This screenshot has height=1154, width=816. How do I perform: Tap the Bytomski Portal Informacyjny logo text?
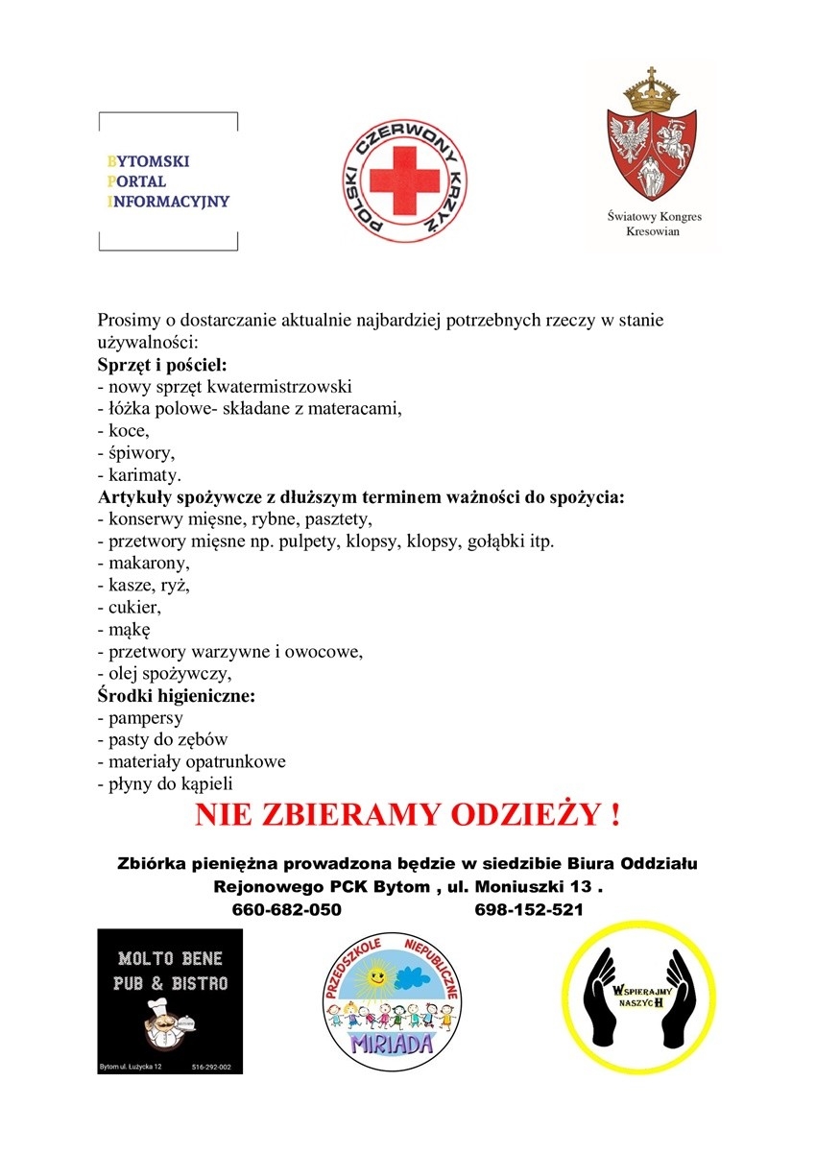click(169, 181)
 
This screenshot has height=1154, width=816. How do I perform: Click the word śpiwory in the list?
click(140, 453)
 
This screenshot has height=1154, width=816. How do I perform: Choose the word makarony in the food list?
click(148, 564)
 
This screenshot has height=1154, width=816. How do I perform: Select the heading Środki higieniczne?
click(176, 696)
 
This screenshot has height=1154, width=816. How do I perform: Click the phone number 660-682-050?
click(287, 909)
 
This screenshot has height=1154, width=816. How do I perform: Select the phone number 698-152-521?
click(529, 909)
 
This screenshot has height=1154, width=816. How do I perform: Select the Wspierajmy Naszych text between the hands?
click(640, 995)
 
